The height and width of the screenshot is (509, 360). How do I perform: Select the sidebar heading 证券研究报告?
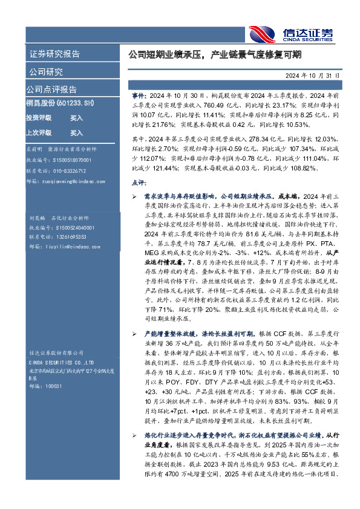click(54, 54)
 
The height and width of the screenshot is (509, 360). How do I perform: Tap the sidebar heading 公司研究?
click(46, 72)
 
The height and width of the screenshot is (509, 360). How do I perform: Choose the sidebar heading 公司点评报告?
click(51, 89)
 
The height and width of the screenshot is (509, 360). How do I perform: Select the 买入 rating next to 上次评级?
click(76, 132)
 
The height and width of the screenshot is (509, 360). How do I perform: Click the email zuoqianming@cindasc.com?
click(67, 180)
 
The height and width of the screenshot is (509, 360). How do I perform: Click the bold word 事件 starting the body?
click(138, 96)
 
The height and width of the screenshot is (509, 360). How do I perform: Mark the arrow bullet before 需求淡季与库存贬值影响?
click(135, 197)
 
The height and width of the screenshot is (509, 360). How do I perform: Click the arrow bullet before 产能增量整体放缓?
click(135, 334)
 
